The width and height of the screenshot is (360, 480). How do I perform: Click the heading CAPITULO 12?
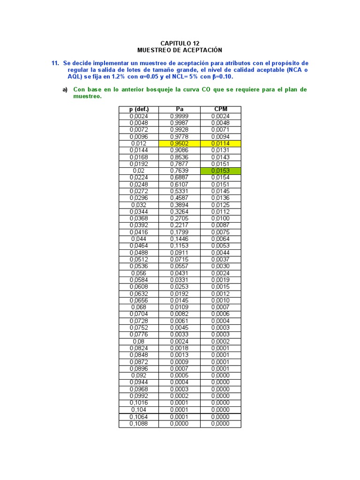click(180, 43)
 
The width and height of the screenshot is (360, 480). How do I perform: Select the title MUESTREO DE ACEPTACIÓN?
click(180, 50)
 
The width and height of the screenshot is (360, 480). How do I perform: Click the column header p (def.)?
click(139, 109)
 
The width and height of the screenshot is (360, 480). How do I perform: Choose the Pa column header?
click(180, 109)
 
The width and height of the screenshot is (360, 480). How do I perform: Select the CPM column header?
click(220, 109)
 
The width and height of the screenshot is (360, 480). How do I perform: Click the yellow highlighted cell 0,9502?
click(180, 143)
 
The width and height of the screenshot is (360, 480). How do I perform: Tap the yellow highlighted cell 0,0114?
click(220, 143)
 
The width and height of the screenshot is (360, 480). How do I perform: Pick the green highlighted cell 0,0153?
click(220, 171)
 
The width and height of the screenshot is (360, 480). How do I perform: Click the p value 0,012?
click(139, 143)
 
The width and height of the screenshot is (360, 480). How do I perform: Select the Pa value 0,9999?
click(180, 116)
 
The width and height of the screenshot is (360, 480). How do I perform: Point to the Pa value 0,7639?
click(180, 171)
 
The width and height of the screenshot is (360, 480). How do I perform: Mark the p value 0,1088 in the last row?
click(139, 424)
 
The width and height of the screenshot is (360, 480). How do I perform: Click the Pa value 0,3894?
click(180, 205)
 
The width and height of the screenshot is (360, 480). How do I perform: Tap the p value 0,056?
click(139, 273)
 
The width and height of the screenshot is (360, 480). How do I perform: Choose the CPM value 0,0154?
click(220, 178)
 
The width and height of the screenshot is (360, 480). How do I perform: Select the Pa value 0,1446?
click(180, 239)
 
